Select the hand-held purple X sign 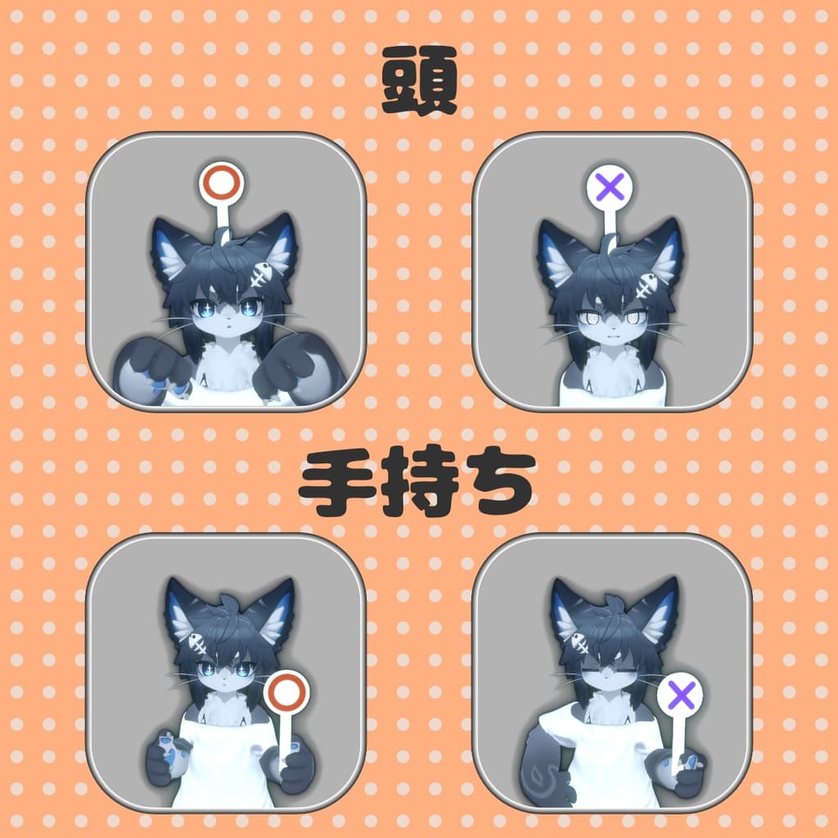[x=680, y=696]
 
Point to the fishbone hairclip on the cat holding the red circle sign [x=196, y=642]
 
